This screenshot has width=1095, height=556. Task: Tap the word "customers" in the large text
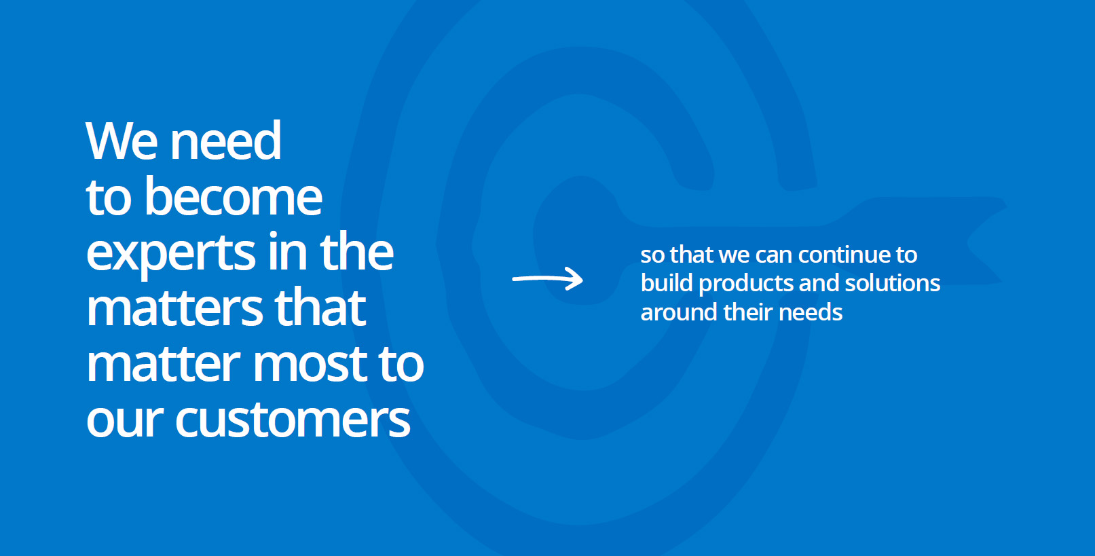point(293,419)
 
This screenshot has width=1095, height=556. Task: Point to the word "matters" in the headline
point(174,308)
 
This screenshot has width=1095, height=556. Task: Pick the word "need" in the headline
point(225,141)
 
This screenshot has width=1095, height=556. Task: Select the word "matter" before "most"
point(164,365)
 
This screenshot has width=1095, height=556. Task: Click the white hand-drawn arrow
point(547,279)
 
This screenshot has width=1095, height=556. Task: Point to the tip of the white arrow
point(582,279)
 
